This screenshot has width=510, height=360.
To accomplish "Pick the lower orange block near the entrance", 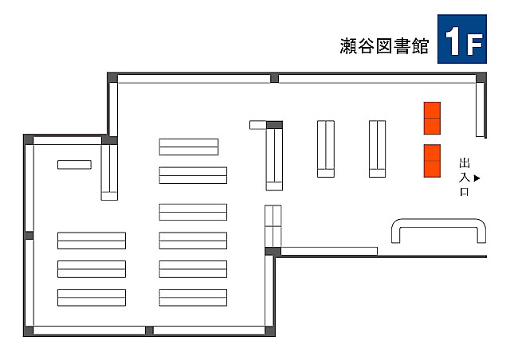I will click(x=432, y=161).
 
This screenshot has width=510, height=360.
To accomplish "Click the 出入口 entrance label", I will click(x=465, y=177).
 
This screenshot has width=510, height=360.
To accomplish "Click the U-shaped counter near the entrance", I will click(x=439, y=229).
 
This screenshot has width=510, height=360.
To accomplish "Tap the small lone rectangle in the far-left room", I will click(x=74, y=165).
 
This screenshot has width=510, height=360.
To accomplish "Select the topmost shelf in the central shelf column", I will click(x=189, y=147).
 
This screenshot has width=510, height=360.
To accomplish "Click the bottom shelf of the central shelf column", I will click(x=193, y=297).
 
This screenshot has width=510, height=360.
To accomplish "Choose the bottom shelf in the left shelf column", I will click(x=92, y=297).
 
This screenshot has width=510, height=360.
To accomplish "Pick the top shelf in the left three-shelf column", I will click(x=92, y=241).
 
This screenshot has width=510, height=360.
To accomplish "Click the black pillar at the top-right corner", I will click(x=481, y=77).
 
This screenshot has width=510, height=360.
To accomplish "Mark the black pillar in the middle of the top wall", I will click(x=274, y=78).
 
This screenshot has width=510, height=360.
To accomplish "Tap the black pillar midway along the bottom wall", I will click(x=149, y=331).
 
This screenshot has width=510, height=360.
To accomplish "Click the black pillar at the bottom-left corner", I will click(x=29, y=331).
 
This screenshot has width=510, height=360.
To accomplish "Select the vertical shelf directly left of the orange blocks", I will click(x=377, y=149).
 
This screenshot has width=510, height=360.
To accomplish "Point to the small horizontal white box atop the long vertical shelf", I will click(x=257, y=124).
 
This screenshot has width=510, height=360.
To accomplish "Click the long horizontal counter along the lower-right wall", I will click(x=328, y=251).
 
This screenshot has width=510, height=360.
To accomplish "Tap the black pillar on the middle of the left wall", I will click(x=29, y=235).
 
